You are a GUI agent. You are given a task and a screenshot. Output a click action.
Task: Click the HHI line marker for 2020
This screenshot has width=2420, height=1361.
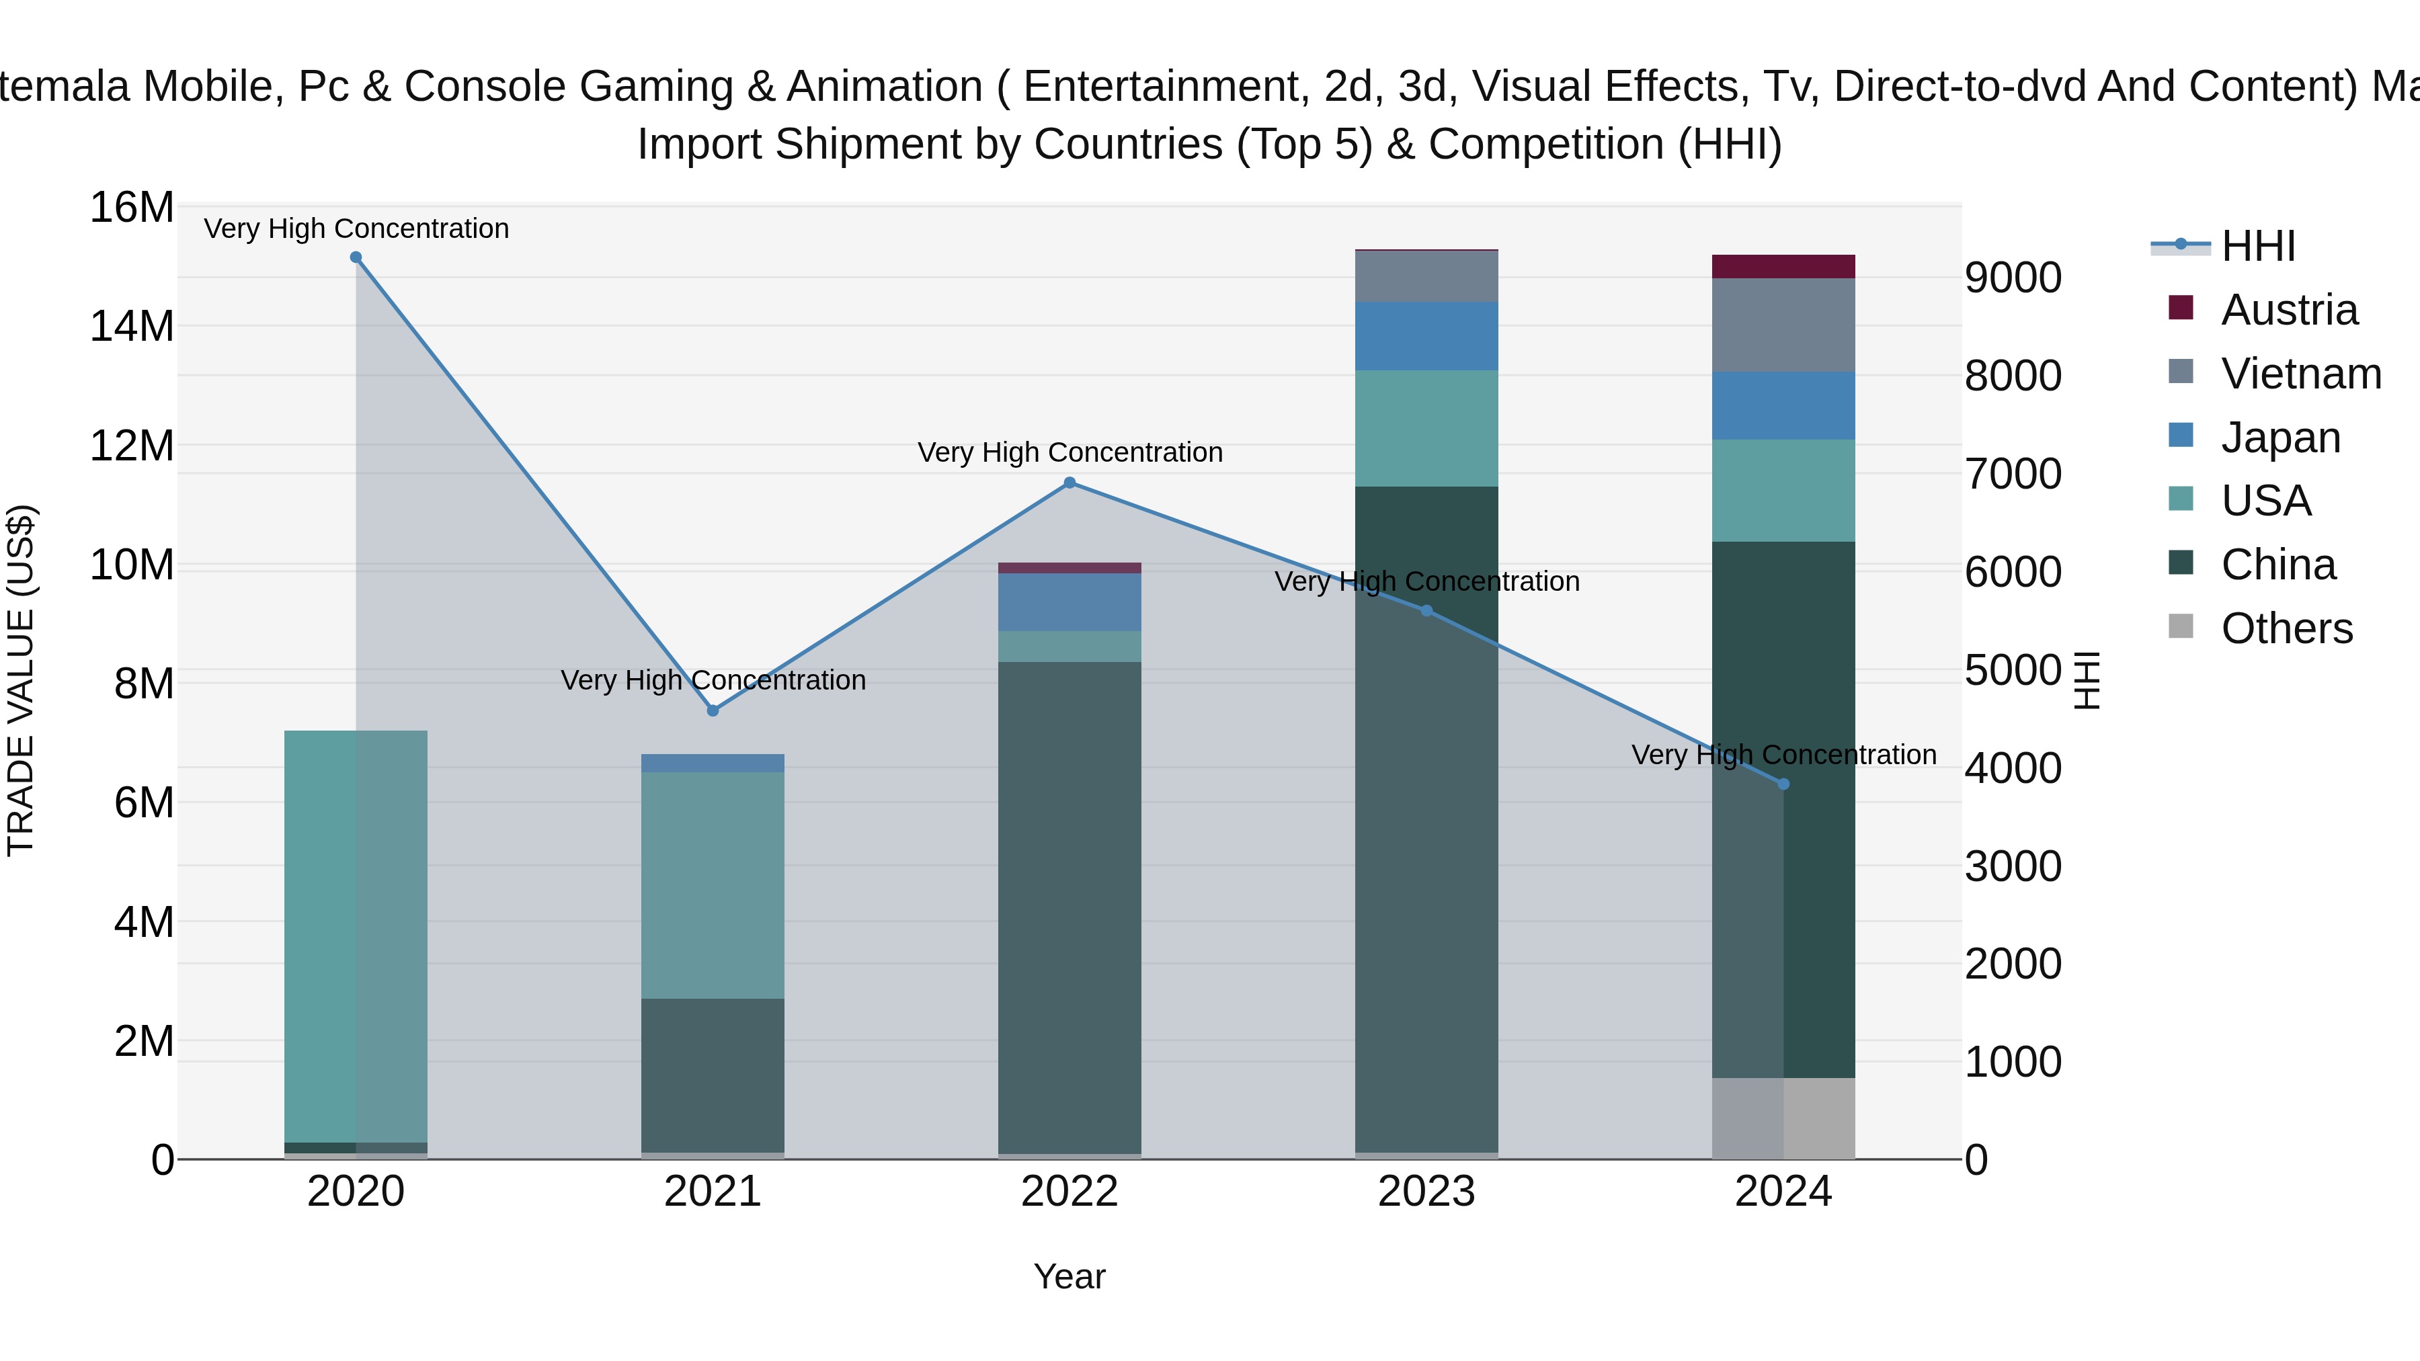356,257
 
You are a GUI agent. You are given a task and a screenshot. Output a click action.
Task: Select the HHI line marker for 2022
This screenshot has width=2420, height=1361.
1069,483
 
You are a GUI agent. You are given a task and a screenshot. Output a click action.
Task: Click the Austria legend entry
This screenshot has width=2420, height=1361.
2288,310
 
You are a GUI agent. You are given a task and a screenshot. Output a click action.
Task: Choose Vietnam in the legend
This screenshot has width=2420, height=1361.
2301,374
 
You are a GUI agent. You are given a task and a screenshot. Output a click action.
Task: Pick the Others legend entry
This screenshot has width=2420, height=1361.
2287,628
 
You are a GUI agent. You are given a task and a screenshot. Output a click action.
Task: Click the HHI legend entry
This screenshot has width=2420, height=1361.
2257,246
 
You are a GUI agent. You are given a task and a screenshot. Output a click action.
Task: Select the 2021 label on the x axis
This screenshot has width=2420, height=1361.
712,1192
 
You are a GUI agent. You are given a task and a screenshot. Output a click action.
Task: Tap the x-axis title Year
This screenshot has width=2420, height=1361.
1069,1276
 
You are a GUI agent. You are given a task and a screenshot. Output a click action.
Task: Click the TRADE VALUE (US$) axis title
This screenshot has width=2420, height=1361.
21,680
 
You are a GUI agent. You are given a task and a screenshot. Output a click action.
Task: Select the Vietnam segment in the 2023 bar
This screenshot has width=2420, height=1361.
1426,276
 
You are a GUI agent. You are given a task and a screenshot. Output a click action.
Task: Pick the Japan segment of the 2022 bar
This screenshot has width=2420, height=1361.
1069,602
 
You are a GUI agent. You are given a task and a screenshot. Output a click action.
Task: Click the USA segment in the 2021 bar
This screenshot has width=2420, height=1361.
712,884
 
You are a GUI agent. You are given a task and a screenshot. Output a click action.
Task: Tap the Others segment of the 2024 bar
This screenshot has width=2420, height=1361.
1783,1118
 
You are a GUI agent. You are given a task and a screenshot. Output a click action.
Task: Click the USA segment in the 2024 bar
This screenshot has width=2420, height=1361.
1783,491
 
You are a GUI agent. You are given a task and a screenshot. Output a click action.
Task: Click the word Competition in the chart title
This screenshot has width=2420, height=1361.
1545,145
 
